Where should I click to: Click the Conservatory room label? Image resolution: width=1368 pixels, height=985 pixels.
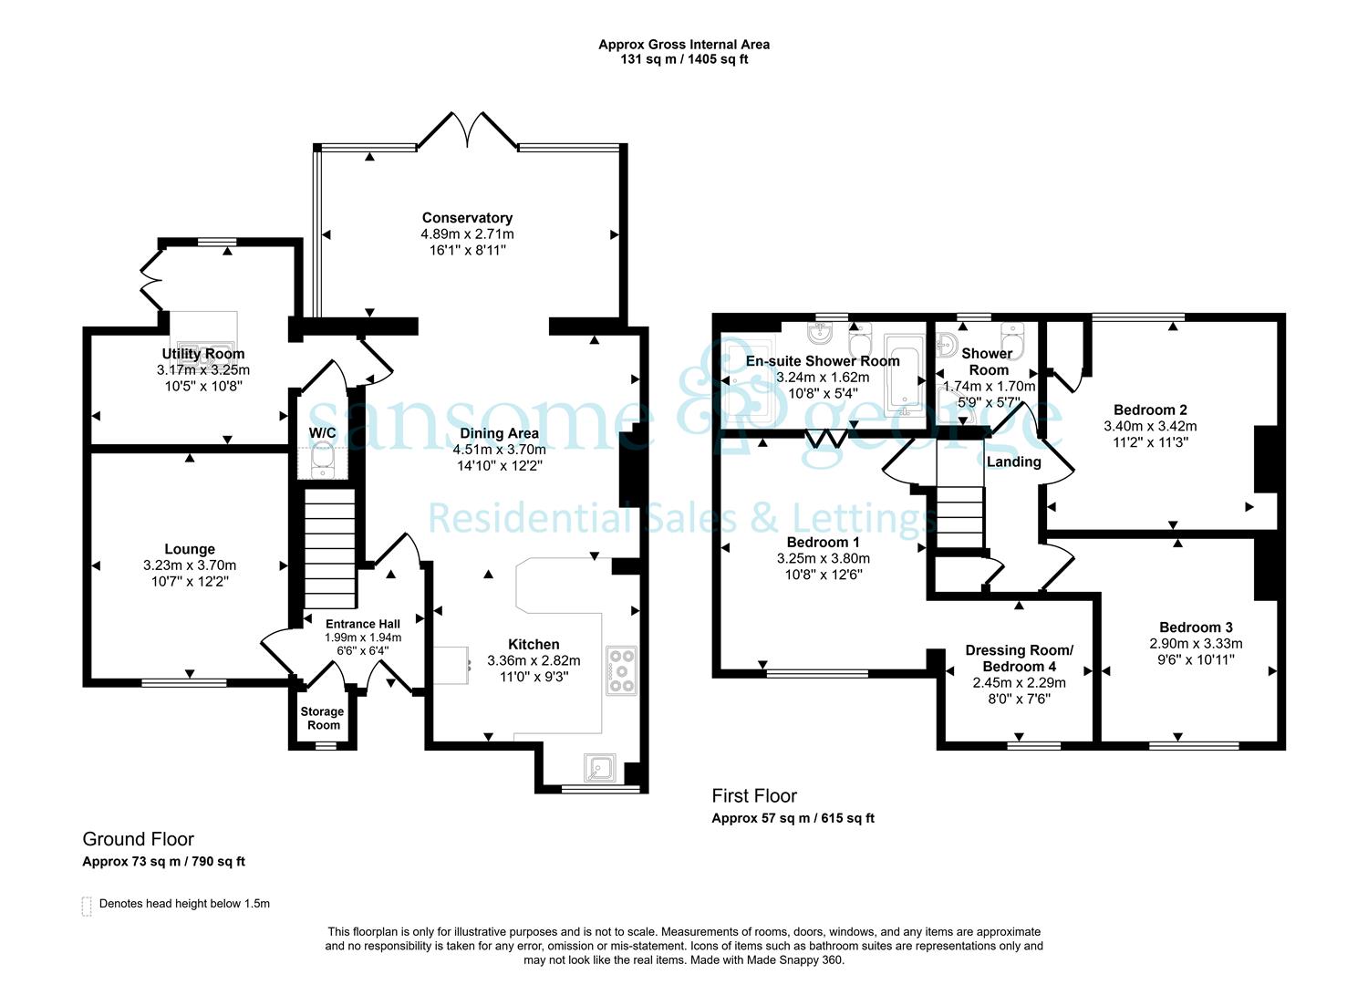coord(467,218)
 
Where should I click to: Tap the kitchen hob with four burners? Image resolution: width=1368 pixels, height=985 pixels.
coord(622,671)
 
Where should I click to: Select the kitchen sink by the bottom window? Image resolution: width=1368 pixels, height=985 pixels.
coord(600,768)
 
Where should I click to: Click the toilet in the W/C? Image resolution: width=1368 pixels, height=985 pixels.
coord(322,460)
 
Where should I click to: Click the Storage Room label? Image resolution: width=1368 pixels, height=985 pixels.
coord(323,718)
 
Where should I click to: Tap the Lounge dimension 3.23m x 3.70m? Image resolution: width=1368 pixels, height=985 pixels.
coord(190,565)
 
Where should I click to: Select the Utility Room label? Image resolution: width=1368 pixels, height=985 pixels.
coord(202,354)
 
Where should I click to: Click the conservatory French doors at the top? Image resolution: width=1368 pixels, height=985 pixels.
coord(468,130)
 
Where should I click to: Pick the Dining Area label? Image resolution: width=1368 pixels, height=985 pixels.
coord(500,433)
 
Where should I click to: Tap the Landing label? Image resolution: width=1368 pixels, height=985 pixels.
coord(1014,461)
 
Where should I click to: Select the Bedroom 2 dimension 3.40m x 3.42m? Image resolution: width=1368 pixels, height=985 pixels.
coord(1150,426)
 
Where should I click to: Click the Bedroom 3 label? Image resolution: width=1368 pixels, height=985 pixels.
coord(1196,627)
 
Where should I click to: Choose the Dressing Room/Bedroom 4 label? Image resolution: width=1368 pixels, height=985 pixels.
coord(1019,658)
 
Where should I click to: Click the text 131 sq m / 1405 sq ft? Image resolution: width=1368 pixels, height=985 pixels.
coord(684,59)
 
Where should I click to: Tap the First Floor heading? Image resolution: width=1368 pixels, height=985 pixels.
coord(754,795)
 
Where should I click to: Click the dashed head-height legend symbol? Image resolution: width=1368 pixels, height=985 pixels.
coord(87,907)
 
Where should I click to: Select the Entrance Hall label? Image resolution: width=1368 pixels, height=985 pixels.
coord(363,624)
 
